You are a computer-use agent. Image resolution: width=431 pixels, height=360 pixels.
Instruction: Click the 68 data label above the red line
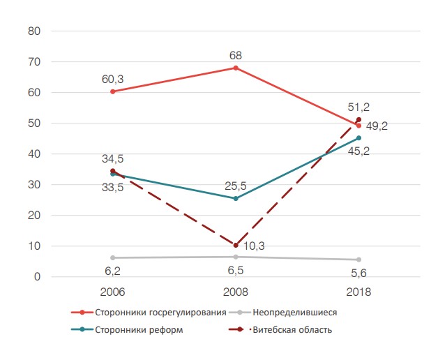click(236, 54)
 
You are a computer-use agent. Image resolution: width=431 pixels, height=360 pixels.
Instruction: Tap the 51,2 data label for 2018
click(359, 107)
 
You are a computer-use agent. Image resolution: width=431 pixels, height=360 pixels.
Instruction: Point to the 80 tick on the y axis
click(34, 31)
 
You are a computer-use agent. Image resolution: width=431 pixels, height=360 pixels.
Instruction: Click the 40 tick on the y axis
click(34, 154)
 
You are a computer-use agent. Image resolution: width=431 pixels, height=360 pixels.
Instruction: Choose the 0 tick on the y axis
click(37, 277)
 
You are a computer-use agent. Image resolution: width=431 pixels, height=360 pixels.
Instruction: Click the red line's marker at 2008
click(236, 68)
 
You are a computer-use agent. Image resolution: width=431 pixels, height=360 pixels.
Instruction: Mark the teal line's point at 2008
click(236, 199)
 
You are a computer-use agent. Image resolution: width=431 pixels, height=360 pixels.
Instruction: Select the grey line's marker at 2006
click(112, 257)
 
